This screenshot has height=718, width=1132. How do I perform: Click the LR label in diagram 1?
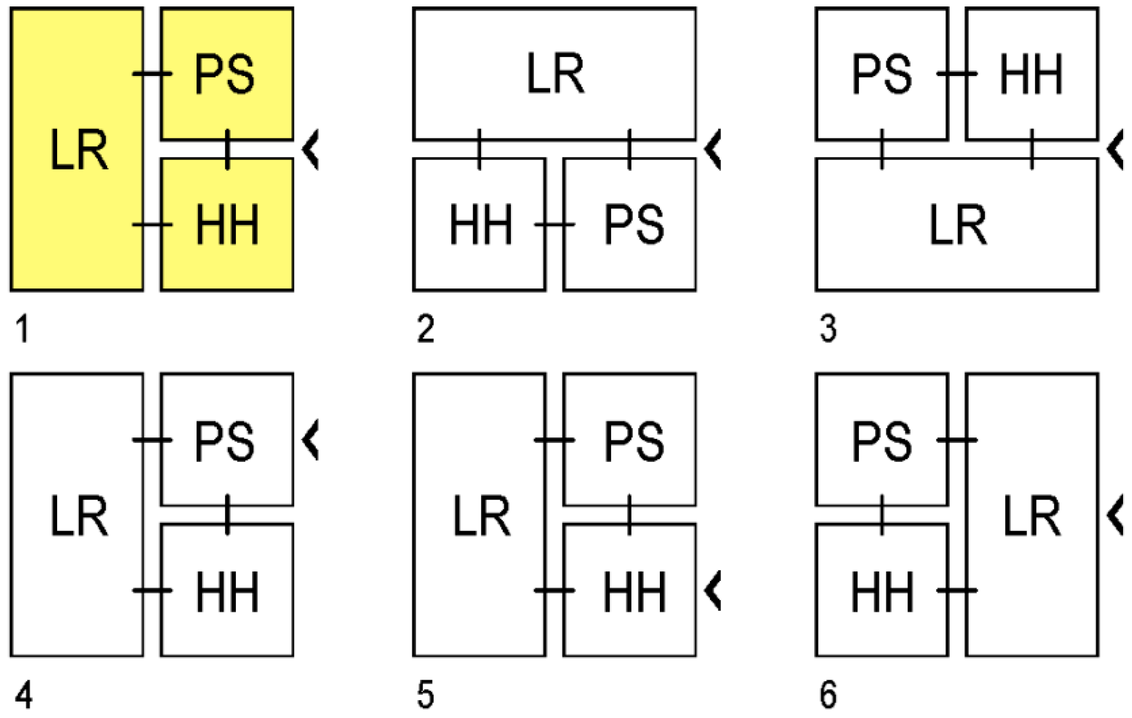(79, 149)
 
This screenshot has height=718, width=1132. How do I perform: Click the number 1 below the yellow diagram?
(22, 329)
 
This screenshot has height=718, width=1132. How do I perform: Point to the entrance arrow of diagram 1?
(310, 149)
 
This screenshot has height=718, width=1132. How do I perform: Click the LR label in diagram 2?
(555, 74)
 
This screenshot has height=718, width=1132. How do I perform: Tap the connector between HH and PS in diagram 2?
(555, 224)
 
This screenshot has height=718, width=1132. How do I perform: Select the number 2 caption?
(425, 329)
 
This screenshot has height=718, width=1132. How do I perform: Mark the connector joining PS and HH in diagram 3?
(957, 74)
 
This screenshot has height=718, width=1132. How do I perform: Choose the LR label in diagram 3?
(958, 224)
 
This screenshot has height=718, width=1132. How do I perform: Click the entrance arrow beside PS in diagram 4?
(310, 439)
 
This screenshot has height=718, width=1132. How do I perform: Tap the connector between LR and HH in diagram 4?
(152, 590)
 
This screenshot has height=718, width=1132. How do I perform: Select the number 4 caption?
(23, 695)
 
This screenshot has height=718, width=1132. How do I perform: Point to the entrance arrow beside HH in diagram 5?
(713, 590)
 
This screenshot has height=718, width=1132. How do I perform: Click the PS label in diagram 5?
(634, 441)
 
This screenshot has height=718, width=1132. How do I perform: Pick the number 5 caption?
(425, 695)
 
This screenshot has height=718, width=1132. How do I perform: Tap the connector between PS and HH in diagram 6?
(882, 515)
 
